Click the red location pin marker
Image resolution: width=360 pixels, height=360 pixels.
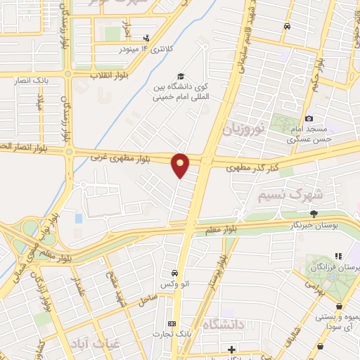pos(181,165)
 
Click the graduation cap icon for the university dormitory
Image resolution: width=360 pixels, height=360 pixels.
pos(181,76)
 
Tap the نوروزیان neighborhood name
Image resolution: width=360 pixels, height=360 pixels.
pos(243,129)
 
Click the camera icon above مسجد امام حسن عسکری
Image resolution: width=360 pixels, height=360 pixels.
pos(309,119)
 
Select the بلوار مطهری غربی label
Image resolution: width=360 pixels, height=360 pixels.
pos(126,158)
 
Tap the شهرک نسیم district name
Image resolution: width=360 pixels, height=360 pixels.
pos(275,192)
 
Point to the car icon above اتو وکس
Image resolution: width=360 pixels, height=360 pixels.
pos(173,273)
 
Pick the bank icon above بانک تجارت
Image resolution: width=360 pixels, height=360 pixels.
pos(173,323)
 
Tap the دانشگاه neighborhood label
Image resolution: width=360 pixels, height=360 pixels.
pos(223,324)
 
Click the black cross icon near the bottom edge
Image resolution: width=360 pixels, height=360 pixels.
pos(232,349)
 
